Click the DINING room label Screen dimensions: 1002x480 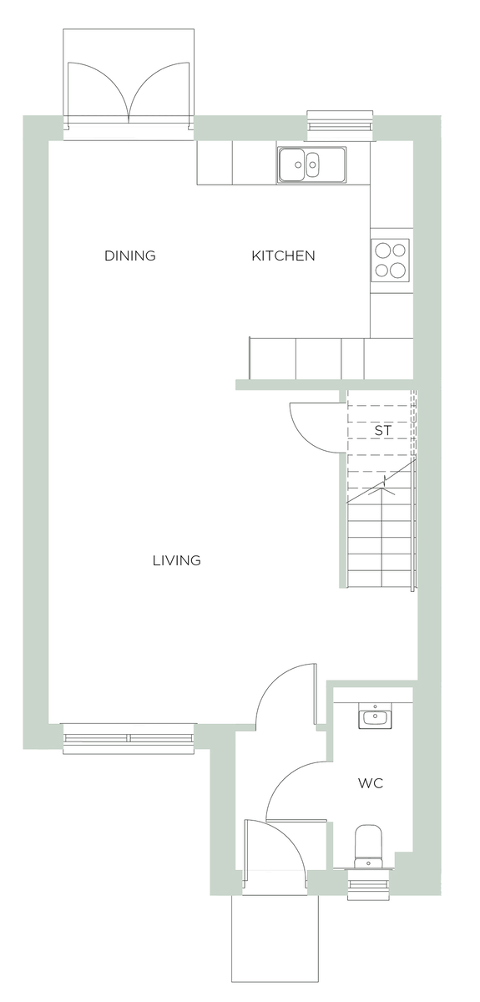129,256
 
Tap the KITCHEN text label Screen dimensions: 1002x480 283,256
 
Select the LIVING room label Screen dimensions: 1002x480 176,560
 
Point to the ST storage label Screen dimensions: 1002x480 382,431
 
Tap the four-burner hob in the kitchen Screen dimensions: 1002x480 391,260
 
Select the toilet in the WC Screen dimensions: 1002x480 367,845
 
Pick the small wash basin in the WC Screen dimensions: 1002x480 373,716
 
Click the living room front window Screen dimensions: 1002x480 129,738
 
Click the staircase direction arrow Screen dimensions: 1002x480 383,484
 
